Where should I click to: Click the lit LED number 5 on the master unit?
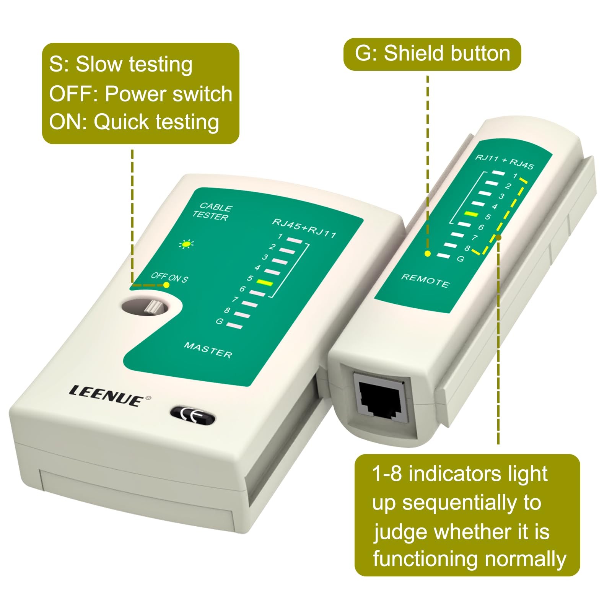point(264,283)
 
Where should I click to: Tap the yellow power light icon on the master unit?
point(187,244)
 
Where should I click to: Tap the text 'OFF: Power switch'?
point(141,94)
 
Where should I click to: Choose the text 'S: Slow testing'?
point(120,64)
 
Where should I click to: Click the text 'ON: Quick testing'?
point(134,122)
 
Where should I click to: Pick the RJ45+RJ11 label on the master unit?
point(304,228)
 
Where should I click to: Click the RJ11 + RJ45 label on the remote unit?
point(505,162)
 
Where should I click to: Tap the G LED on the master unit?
point(235,326)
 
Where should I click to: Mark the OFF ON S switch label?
point(169,277)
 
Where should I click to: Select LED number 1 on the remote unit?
point(498,173)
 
